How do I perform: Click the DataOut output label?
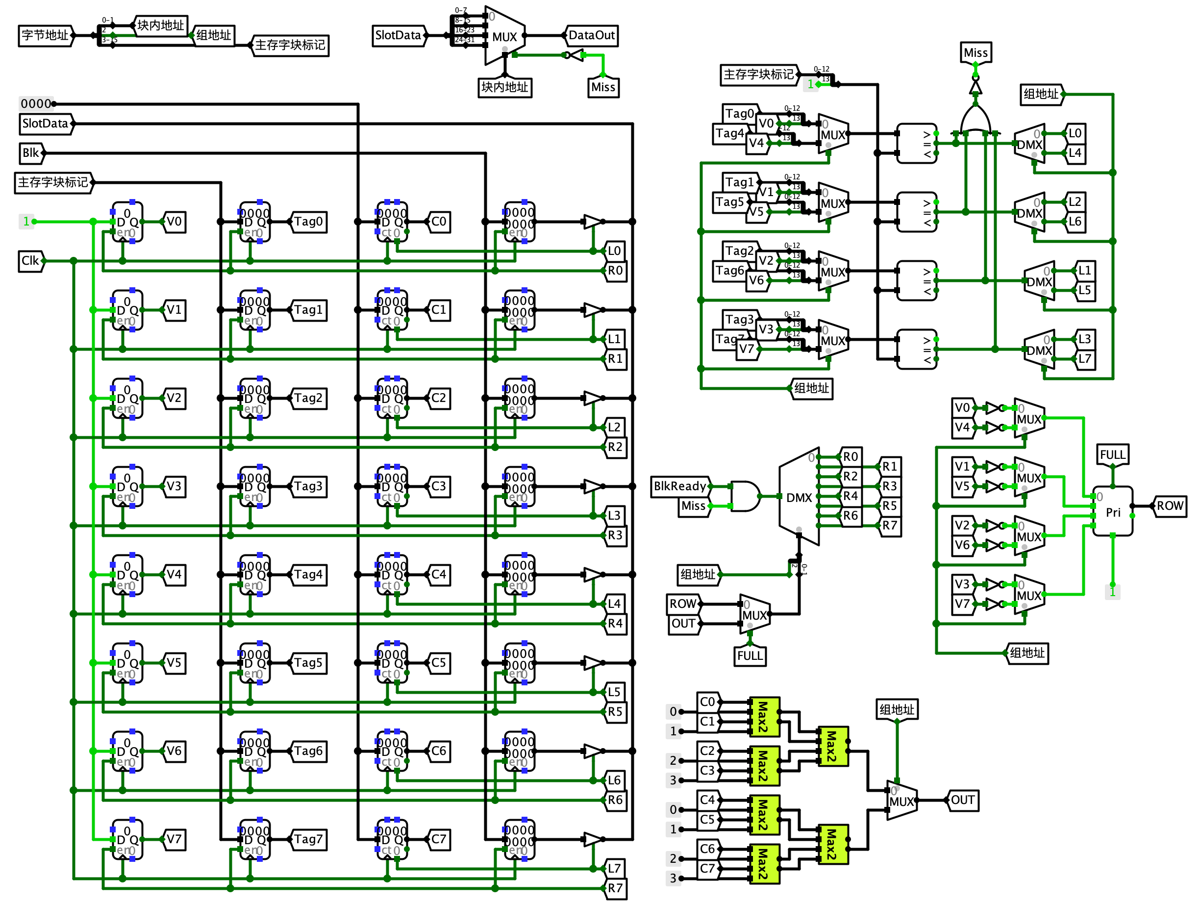click(591, 35)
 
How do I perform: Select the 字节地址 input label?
click(45, 35)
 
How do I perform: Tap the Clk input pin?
click(30, 260)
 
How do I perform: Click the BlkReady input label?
click(680, 486)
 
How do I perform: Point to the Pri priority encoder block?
click(1112, 511)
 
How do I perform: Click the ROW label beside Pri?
click(1170, 506)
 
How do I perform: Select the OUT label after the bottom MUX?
click(962, 800)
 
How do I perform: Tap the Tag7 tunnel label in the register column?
click(308, 839)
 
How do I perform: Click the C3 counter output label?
click(438, 486)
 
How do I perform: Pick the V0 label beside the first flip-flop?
click(174, 222)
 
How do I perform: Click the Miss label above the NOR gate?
click(975, 52)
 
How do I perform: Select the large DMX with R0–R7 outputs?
click(799, 497)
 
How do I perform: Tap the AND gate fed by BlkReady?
click(745, 496)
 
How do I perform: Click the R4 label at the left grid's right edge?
click(615, 623)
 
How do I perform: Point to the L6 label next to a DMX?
click(1075, 222)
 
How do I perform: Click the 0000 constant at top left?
click(36, 103)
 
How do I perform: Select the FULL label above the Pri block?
click(1112, 455)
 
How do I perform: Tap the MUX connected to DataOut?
click(504, 36)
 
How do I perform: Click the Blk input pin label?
click(30, 153)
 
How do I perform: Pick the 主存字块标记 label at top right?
click(758, 75)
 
